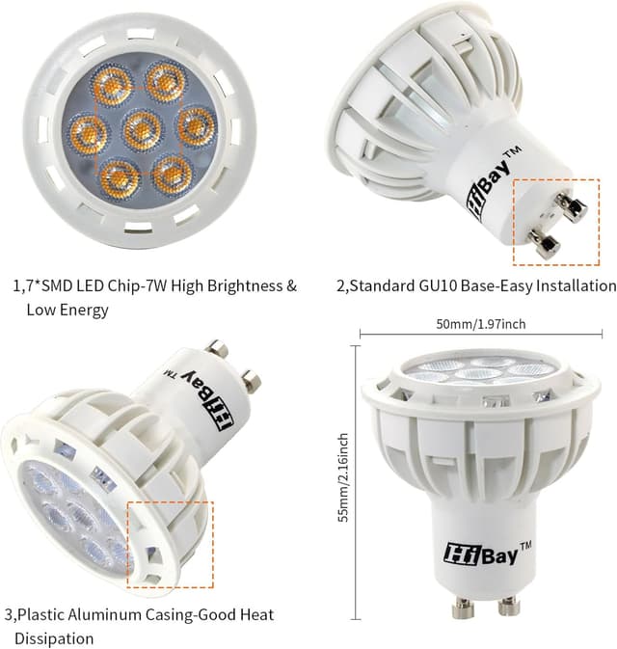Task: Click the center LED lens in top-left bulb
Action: pyautogui.click(x=142, y=127)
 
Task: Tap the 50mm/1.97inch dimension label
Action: pyautogui.click(x=480, y=323)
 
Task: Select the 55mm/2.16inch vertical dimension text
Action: pyautogui.click(x=342, y=476)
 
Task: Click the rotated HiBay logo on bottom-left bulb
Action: pyautogui.click(x=206, y=394)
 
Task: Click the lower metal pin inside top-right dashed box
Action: pyautogui.click(x=544, y=242)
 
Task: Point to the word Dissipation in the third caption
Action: pyautogui.click(x=54, y=638)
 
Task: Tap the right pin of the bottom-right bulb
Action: pyautogui.click(x=507, y=608)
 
